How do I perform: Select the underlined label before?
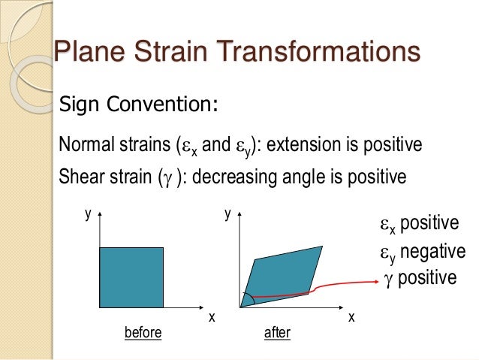coord(143,332)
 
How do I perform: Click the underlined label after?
coord(277,332)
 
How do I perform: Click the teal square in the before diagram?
coord(131,277)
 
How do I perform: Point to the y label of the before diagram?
coord(88,214)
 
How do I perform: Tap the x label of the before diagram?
coord(211,318)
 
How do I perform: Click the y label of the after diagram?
coord(227,214)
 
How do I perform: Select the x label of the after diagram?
coord(351,318)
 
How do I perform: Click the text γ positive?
coord(419,278)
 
